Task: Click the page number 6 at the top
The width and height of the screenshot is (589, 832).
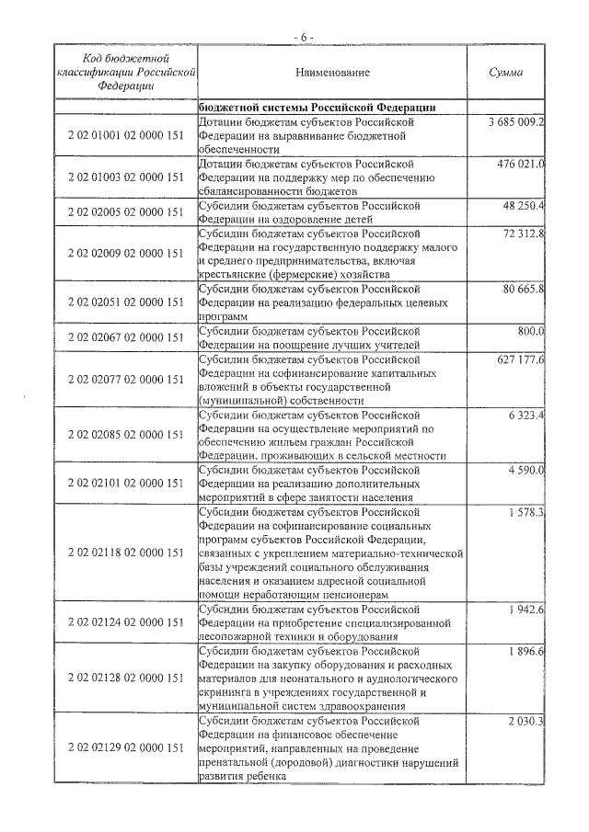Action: tap(304, 36)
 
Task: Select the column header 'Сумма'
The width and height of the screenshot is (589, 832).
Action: tap(507, 72)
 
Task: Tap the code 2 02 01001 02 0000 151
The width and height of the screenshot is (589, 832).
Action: tap(127, 135)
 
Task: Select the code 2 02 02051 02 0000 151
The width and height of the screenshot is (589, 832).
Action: tap(127, 302)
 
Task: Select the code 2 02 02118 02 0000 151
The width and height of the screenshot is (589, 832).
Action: tap(127, 552)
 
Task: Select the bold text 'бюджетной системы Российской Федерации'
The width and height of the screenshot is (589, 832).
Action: tap(310, 106)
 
